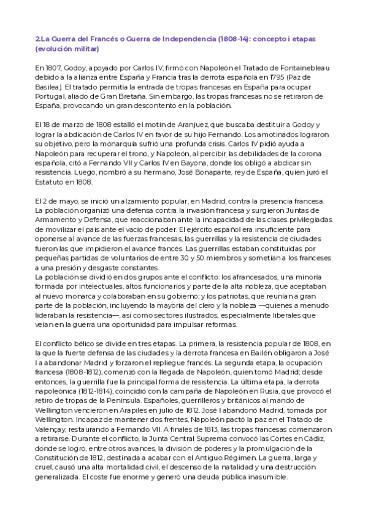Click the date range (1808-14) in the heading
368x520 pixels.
point(232,39)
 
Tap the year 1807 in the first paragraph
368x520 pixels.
point(53,68)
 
